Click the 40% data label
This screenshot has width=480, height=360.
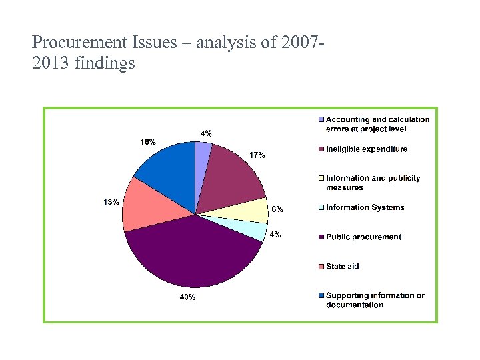coord(187,297)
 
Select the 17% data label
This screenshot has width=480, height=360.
coord(257,155)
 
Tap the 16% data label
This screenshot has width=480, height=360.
coord(148,141)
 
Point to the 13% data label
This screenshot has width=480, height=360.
coord(111,202)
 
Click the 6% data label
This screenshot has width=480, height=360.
coord(277,209)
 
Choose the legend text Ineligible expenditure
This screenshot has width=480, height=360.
coord(367,149)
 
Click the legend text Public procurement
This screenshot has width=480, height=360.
coord(363,237)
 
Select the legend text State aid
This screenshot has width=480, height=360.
coord(343,266)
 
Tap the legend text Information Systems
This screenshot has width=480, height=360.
coord(365,207)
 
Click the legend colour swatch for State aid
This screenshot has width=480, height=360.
coord(321,266)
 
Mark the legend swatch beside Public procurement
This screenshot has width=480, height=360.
coord(321,237)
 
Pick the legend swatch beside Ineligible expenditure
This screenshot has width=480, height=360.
coord(321,149)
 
